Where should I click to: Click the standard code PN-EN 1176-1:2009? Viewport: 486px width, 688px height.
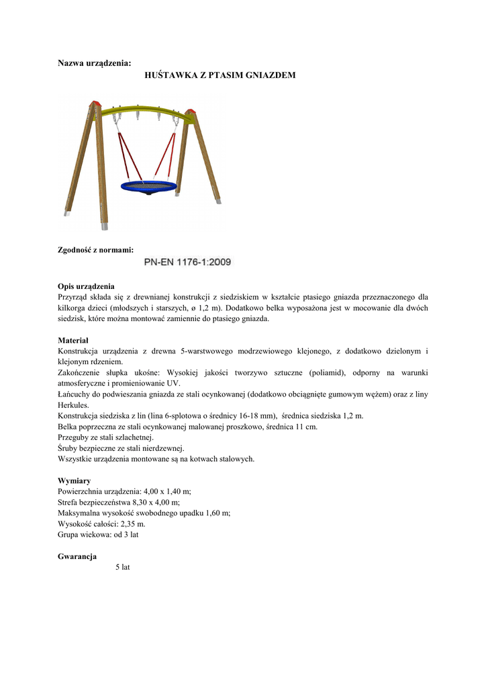coord(188,263)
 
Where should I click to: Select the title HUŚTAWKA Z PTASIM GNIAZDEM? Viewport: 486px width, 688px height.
coord(220,76)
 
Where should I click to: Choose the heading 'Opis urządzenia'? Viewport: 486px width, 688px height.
coord(87,286)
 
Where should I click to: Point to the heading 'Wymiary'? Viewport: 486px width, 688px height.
coord(75,481)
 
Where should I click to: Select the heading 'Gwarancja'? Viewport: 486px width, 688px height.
coord(77,556)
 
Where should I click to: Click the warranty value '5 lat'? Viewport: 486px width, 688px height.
coord(122,568)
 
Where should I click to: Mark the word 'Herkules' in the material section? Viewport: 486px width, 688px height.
coord(74,405)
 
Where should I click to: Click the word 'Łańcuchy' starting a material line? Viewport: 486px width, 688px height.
coord(75,394)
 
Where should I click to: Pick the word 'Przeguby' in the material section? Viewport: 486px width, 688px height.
coord(75,437)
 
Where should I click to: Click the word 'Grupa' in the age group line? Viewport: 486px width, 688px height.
coord(68,534)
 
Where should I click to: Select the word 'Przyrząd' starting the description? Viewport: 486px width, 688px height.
coord(75,297)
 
